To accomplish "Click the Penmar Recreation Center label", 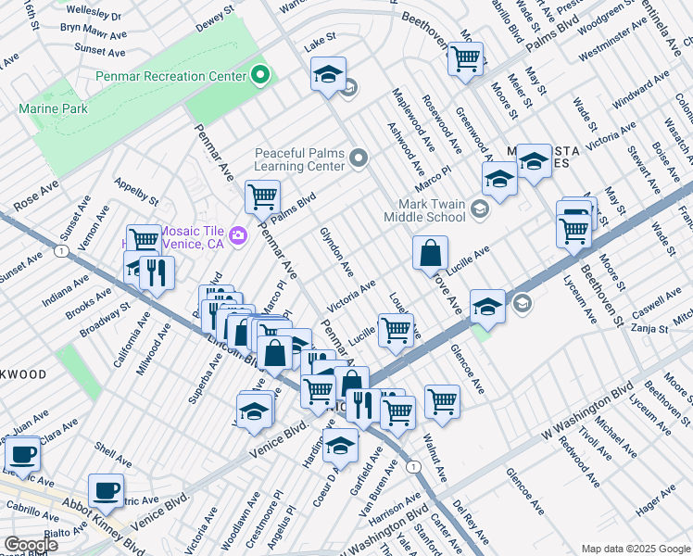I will coord(171,74).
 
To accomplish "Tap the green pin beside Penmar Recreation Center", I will coord(260,74).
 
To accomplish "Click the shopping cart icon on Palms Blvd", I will coord(262,196).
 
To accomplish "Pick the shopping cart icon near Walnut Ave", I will coord(442,400).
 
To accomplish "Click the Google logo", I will coord(30,545).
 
